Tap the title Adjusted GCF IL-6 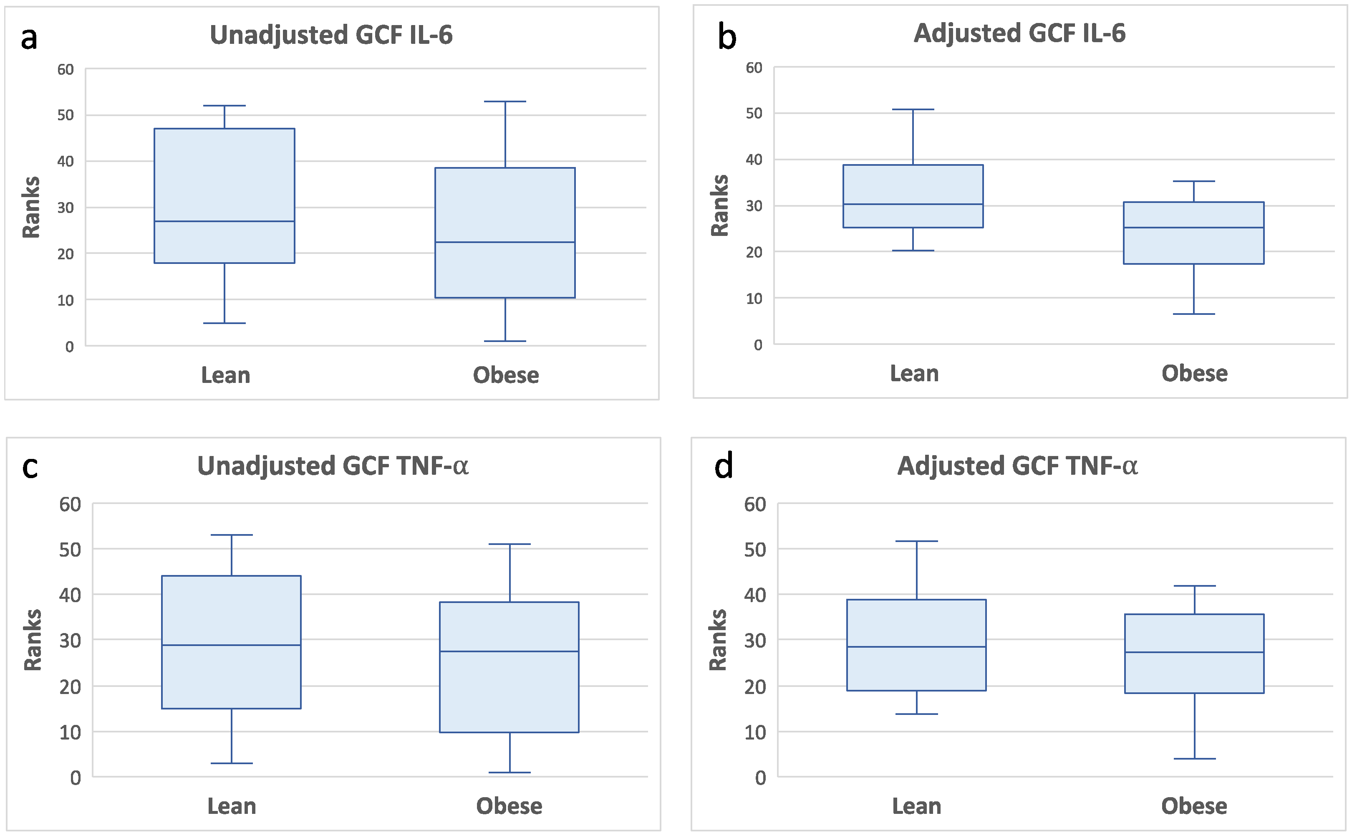(1019, 33)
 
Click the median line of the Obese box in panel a (504, 242)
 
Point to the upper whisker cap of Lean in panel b (913, 109)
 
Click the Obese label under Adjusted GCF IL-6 (1194, 374)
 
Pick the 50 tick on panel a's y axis (65, 115)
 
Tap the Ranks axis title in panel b (719, 206)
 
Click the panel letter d (723, 466)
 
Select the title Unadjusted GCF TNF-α (333, 466)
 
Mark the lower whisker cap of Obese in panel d (1194, 759)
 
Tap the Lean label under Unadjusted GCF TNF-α (232, 806)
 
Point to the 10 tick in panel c (70, 732)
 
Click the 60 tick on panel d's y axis (755, 504)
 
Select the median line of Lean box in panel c (232, 645)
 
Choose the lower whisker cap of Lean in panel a (224, 323)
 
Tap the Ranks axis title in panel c (33, 640)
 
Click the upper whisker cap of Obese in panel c (510, 544)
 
